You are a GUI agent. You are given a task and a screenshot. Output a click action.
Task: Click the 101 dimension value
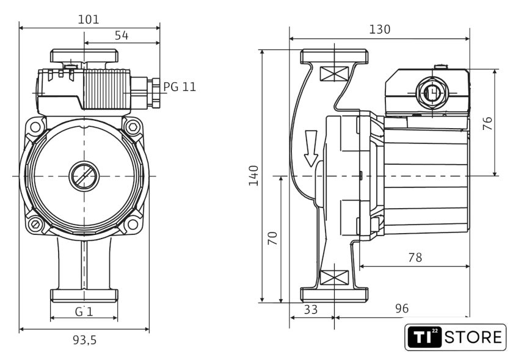click(89, 20)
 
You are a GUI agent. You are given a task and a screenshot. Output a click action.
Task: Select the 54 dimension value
click(122, 35)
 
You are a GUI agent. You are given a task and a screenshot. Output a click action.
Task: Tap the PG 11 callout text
click(180, 87)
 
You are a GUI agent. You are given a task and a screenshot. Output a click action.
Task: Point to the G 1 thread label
click(84, 311)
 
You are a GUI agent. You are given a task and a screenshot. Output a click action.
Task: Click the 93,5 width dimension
click(85, 340)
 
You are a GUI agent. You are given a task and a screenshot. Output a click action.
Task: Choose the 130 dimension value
click(379, 29)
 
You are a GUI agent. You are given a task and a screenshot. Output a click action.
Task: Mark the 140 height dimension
click(253, 176)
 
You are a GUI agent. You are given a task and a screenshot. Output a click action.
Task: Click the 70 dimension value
click(272, 238)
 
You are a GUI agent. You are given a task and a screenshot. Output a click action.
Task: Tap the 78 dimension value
click(415, 257)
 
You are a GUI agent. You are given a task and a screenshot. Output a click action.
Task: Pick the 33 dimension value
click(311, 309)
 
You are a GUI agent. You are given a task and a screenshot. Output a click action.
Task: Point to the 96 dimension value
click(401, 309)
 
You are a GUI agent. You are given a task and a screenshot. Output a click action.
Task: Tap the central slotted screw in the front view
click(84, 176)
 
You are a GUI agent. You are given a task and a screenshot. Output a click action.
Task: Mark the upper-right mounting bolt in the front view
click(133, 128)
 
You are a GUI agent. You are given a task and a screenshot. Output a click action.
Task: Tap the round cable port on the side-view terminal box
click(432, 93)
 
